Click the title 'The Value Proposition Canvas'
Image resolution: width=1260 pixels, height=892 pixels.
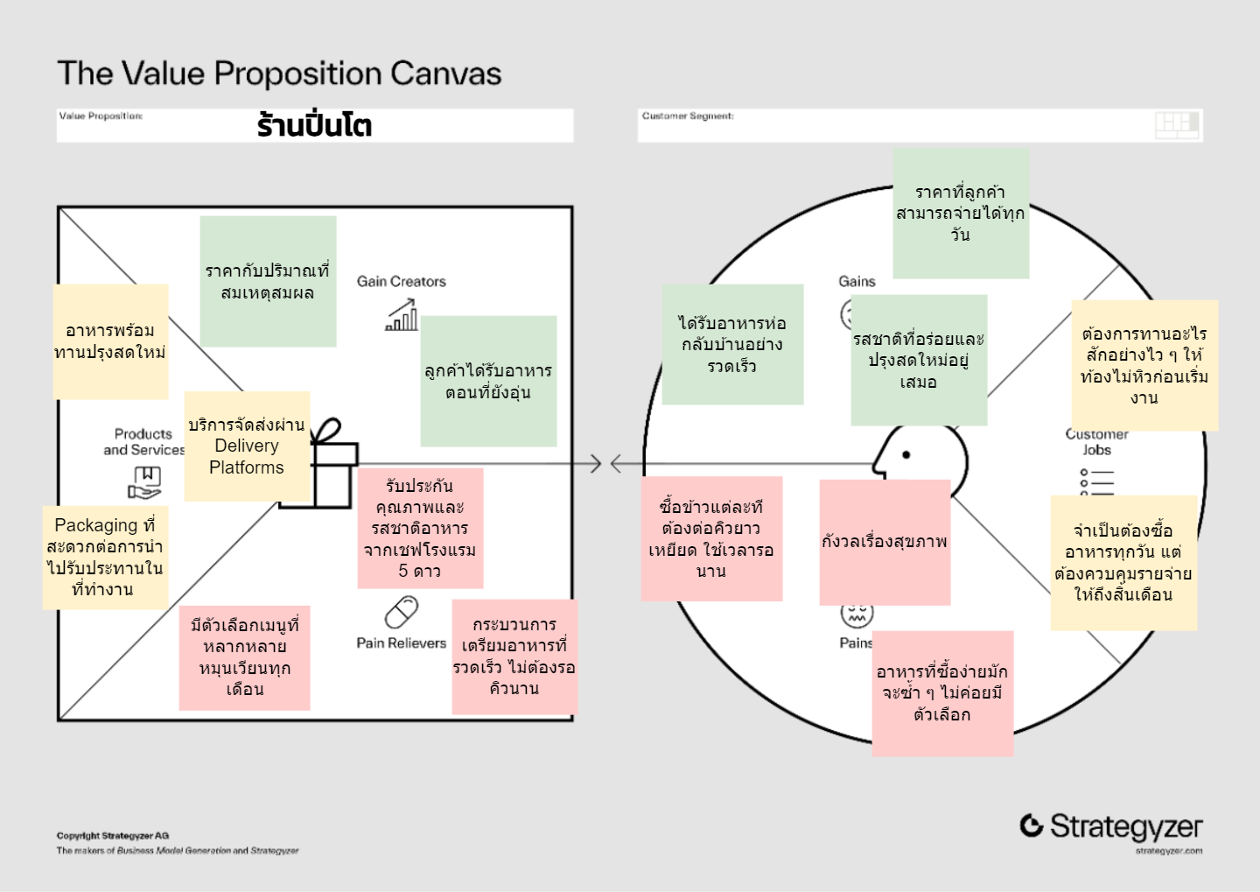[279, 74]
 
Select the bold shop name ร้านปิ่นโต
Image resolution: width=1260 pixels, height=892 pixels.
[314, 125]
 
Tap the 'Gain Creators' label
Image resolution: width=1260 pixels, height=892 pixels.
[401, 281]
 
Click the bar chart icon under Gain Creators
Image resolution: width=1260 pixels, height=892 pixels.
[402, 315]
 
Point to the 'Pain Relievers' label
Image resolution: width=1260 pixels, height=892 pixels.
[401, 643]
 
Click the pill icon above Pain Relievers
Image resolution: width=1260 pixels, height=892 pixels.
[402, 613]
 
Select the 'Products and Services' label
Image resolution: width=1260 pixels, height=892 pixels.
[143, 441]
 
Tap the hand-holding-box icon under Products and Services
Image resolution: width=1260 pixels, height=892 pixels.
[145, 481]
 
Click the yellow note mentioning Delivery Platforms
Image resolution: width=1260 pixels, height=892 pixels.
[247, 446]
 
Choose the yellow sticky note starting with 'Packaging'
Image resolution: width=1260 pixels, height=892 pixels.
[105, 557]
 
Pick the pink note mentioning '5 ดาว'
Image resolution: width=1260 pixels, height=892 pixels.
[420, 528]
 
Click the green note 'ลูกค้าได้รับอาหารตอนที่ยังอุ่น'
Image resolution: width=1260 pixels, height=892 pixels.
[488, 381]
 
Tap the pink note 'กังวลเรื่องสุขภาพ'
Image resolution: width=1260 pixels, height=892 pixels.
[885, 542]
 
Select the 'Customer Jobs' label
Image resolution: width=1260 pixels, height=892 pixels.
[1096, 442]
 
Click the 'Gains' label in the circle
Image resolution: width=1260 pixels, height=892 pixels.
[857, 281]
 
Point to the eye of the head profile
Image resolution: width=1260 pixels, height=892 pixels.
[906, 454]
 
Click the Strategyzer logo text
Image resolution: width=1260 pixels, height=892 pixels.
[1125, 825]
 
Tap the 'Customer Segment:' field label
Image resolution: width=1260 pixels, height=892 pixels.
[688, 116]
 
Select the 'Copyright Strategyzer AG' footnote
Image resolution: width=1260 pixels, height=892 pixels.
[113, 836]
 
